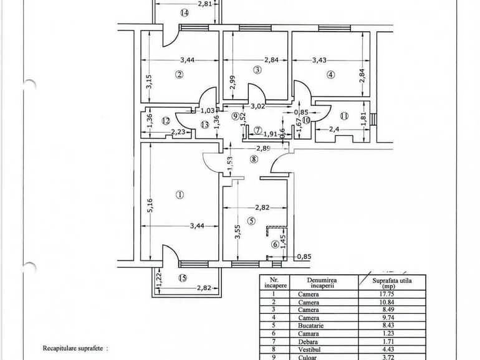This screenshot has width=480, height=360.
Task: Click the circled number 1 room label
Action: coord(180,194)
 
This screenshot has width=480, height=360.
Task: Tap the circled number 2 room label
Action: coord(179,75)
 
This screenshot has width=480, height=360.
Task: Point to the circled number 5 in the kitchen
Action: coord(251,220)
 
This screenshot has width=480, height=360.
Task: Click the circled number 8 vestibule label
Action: coord(253,159)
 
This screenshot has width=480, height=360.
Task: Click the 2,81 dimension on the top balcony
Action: coord(206,4)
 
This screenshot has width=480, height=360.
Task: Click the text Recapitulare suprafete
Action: coord(75,350)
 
